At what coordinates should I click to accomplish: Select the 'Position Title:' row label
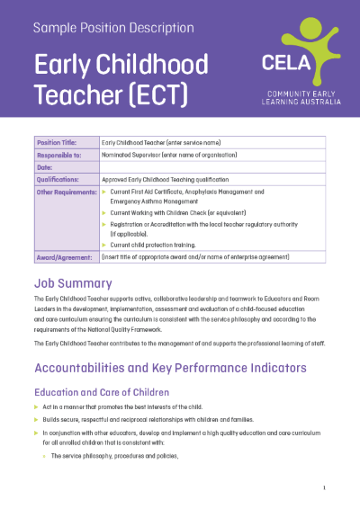pyautogui.click(x=58, y=142)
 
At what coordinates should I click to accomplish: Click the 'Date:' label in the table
pyautogui.click(x=45, y=166)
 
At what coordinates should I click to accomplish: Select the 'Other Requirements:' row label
pyautogui.click(x=66, y=192)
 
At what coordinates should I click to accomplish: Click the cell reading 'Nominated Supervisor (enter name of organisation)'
pyautogui.click(x=172, y=155)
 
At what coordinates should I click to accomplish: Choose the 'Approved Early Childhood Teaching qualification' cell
pyautogui.click(x=172, y=179)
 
